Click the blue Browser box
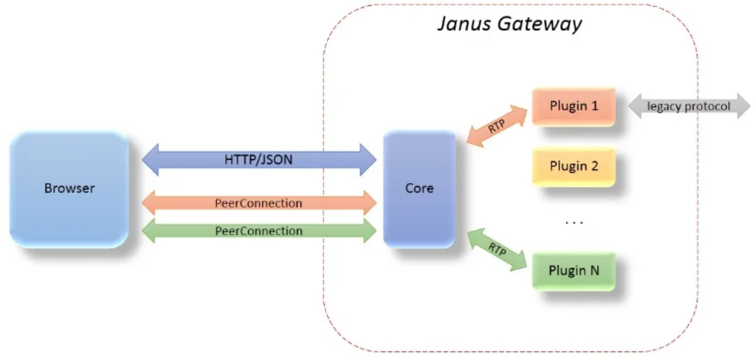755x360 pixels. pos(69,189)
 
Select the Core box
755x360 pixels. pos(419,189)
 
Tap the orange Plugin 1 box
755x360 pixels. pos(574,107)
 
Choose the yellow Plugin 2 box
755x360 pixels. pos(574,167)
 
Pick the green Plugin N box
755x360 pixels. pos(574,271)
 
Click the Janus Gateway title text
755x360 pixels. pos(509,24)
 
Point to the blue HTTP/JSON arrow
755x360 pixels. pos(259,160)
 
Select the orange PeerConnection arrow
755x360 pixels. pos(259,203)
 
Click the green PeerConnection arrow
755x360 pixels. pos(259,231)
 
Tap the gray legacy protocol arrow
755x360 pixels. pos(689,107)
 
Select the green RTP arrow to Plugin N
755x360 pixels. pos(496,251)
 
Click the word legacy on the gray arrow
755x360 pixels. pos(664,107)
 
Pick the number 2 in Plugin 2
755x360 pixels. pos(594,167)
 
